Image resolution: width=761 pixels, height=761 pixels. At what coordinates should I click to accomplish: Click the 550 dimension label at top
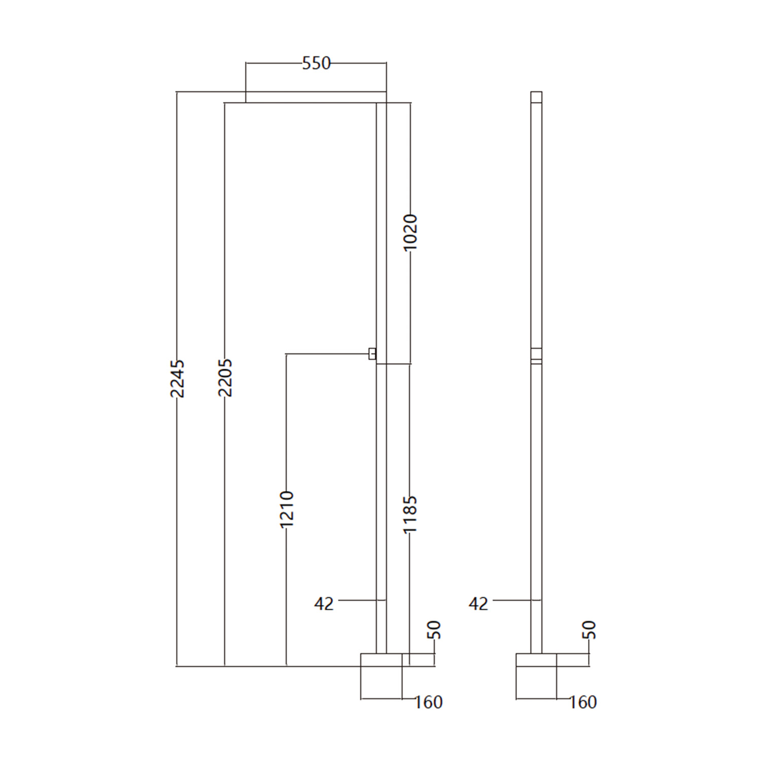pyautogui.click(x=316, y=63)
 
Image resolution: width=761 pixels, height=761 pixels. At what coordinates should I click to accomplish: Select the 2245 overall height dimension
pyautogui.click(x=177, y=378)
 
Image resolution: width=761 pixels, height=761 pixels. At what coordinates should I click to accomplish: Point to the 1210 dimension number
pyautogui.click(x=287, y=509)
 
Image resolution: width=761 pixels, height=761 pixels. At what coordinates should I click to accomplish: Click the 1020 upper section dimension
pyautogui.click(x=410, y=232)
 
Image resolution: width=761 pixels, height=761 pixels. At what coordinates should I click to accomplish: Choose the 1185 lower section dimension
pyautogui.click(x=409, y=514)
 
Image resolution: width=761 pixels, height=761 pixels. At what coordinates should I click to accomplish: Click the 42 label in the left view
pyautogui.click(x=324, y=604)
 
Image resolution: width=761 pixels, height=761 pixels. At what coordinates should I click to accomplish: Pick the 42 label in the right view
pyautogui.click(x=478, y=604)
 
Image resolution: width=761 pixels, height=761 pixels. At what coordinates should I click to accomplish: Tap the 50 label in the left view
pyautogui.click(x=435, y=630)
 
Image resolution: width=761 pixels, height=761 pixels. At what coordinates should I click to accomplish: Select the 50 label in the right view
pyautogui.click(x=590, y=630)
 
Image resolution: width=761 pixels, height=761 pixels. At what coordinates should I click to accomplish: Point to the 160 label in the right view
pyautogui.click(x=583, y=702)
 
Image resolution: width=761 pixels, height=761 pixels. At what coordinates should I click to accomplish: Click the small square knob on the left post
pyautogui.click(x=372, y=354)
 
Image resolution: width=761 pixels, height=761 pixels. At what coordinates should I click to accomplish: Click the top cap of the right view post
pyautogui.click(x=536, y=97)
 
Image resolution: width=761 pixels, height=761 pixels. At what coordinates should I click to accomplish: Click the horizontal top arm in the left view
pyautogui.click(x=304, y=97)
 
